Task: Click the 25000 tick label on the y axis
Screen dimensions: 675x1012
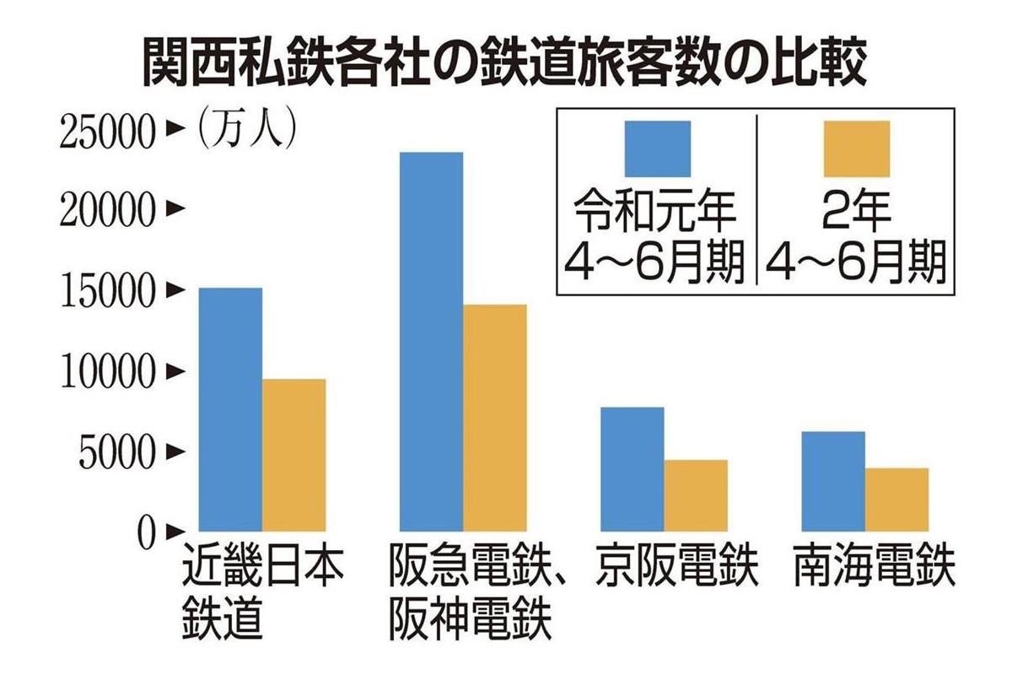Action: click(x=108, y=132)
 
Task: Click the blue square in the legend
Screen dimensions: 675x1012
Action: click(x=656, y=148)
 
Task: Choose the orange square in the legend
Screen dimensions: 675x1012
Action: click(x=856, y=148)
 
